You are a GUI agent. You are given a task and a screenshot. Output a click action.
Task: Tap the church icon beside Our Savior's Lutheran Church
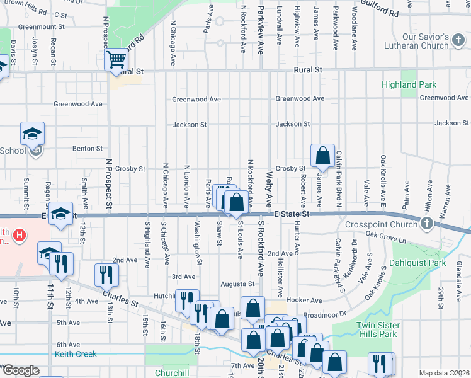(459, 45)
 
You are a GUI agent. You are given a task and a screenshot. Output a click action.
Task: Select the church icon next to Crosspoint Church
(427, 224)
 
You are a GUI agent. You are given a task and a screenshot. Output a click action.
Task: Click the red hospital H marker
(21, 236)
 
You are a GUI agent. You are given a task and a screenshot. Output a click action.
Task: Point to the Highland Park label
(408, 84)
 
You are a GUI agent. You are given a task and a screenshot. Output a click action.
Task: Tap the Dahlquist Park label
(417, 263)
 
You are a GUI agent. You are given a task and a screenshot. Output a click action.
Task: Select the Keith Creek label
(76, 354)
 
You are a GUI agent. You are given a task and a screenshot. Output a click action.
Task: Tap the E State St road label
(293, 214)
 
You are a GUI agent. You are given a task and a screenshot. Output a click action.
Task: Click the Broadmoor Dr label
(326, 312)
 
